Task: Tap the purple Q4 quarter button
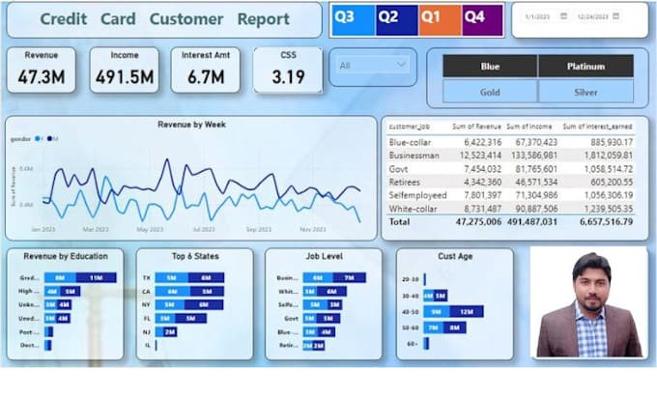pyautogui.click(x=473, y=17)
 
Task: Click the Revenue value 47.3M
pyautogui.click(x=42, y=78)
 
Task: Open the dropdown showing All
pyautogui.click(x=373, y=65)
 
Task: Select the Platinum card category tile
pyautogui.click(x=586, y=66)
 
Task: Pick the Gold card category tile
pyautogui.click(x=490, y=91)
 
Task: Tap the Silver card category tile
pyautogui.click(x=586, y=91)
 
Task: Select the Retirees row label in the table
pyautogui.click(x=408, y=182)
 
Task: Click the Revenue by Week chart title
pyautogui.click(x=191, y=125)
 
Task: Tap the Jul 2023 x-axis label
pyautogui.click(x=204, y=230)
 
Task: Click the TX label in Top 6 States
pyautogui.click(x=147, y=277)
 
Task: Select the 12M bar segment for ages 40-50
pyautogui.click(x=465, y=311)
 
